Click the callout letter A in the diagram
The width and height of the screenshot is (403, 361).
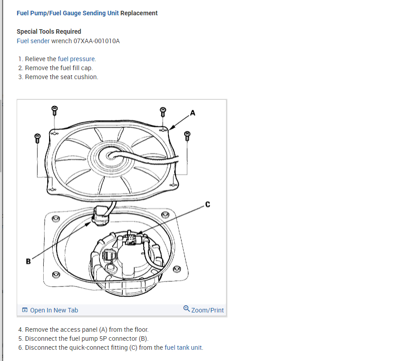193,113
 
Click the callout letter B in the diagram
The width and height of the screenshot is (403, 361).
28,261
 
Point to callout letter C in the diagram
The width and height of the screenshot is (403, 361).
207,205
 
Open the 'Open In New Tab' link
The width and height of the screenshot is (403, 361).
54,310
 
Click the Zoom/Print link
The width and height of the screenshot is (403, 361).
207,310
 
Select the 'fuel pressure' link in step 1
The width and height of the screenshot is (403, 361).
77,59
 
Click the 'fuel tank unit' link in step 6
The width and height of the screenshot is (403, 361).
184,348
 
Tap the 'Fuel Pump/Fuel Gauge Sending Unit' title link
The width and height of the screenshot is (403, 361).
68,13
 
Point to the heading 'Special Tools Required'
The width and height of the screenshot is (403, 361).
49,31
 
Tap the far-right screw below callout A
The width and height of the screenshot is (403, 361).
187,135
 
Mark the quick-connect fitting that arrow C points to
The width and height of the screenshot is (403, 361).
133,239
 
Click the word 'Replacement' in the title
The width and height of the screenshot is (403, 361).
139,13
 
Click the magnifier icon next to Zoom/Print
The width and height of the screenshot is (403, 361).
186,309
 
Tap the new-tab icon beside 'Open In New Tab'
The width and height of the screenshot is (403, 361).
25,310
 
